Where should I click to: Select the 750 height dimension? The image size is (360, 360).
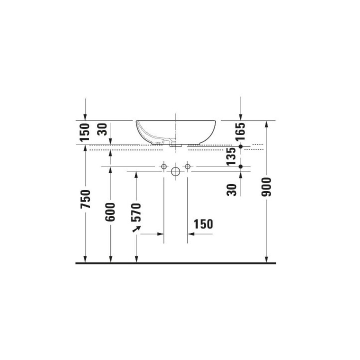coord(85,199)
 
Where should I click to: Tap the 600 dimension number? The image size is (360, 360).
coord(110,211)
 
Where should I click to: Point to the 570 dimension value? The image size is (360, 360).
coord(136,212)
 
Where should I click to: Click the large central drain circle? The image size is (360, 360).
coord(175,172)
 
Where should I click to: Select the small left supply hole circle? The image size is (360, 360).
coord(163,165)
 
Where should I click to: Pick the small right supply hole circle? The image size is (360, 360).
coord(187,165)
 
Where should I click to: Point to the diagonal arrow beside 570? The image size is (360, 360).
coord(135,228)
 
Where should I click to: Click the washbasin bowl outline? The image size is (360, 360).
coord(175,130)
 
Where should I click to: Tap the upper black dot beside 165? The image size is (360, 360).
coord(241,146)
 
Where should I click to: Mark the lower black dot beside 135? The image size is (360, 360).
coord(241,165)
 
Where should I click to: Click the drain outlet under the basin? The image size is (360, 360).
coord(173,144)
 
